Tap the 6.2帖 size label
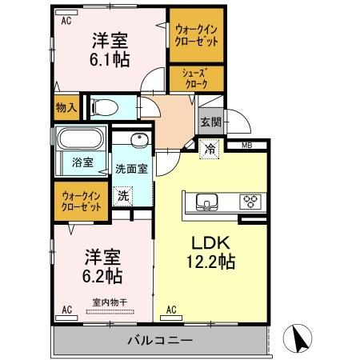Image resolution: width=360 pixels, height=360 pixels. point(104,276)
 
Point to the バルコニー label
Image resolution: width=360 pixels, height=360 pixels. point(159,341)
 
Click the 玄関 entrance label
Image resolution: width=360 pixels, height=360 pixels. point(210,122)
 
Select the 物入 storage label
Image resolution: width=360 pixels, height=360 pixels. point(66,106)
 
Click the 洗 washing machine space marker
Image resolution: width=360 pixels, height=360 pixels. point(123,194)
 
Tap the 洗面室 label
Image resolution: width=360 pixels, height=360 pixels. point(130,169)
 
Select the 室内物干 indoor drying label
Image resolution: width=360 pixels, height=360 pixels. point(110,302)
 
